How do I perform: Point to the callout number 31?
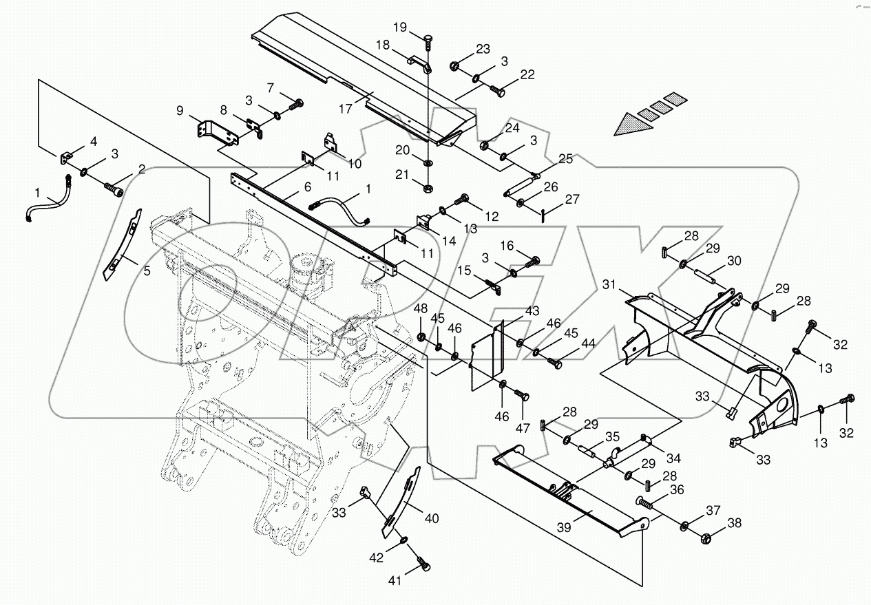pos(608,284)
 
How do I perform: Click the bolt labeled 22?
pos(497,88)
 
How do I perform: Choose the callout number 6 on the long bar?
pos(307,187)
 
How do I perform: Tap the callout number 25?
pos(565,159)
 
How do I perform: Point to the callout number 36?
pos(677,489)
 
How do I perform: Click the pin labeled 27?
pos(543,214)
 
